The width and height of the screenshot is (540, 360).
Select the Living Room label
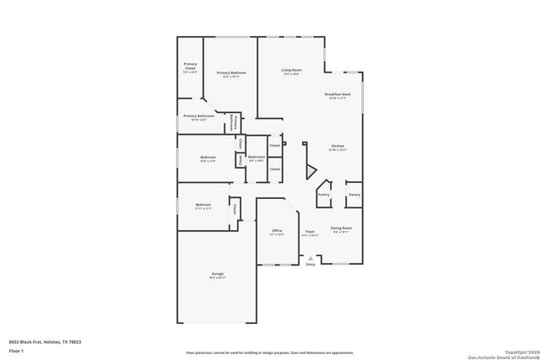coord(292,71)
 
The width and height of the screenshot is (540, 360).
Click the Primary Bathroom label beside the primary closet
coord(196,116)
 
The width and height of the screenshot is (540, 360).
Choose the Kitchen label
coord(337,147)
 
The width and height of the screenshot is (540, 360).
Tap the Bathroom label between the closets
coord(256,158)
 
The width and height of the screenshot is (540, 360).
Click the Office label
coord(276,231)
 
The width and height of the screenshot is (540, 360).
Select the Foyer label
coord(310,231)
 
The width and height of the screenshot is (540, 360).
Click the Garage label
coord(217,275)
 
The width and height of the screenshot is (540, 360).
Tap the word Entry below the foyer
coord(310,265)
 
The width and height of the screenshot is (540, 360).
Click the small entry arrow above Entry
coord(310,257)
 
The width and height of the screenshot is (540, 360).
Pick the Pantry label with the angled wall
coord(323,195)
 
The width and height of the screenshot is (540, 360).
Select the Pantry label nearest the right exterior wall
coord(354,195)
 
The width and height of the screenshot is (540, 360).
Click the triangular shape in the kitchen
coord(310,169)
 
